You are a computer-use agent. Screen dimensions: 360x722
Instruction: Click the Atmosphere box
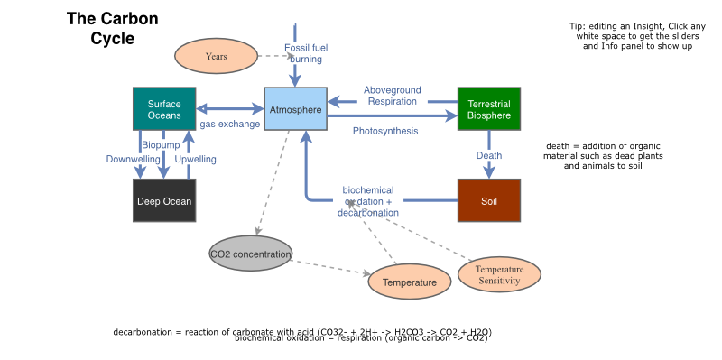click(295, 109)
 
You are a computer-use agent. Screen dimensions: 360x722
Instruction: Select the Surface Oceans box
click(164, 109)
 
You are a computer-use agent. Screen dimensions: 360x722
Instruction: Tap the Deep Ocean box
click(164, 200)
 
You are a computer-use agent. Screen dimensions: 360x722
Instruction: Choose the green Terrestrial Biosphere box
click(489, 109)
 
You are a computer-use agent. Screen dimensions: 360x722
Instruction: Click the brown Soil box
click(489, 200)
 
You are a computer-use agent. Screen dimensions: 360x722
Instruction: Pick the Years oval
click(216, 56)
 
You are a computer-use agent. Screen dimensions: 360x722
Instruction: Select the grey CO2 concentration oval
click(251, 254)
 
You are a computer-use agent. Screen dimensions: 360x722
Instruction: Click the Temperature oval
click(409, 282)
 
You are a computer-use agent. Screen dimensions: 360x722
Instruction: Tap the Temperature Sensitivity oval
click(499, 275)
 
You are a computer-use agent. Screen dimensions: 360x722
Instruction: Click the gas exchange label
click(230, 124)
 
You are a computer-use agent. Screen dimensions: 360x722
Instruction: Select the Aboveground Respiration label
click(393, 96)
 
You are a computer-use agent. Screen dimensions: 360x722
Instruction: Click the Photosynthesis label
click(385, 131)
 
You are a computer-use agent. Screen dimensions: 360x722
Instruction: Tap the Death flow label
click(489, 155)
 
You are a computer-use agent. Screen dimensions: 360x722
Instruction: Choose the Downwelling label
click(133, 159)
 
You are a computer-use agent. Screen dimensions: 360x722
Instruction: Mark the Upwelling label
click(196, 159)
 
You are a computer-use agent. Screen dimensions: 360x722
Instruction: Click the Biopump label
click(161, 144)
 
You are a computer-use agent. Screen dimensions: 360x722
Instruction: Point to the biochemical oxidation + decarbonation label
click(368, 201)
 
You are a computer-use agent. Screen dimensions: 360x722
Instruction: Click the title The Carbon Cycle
click(113, 29)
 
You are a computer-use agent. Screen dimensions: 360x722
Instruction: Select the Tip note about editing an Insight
click(637, 36)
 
